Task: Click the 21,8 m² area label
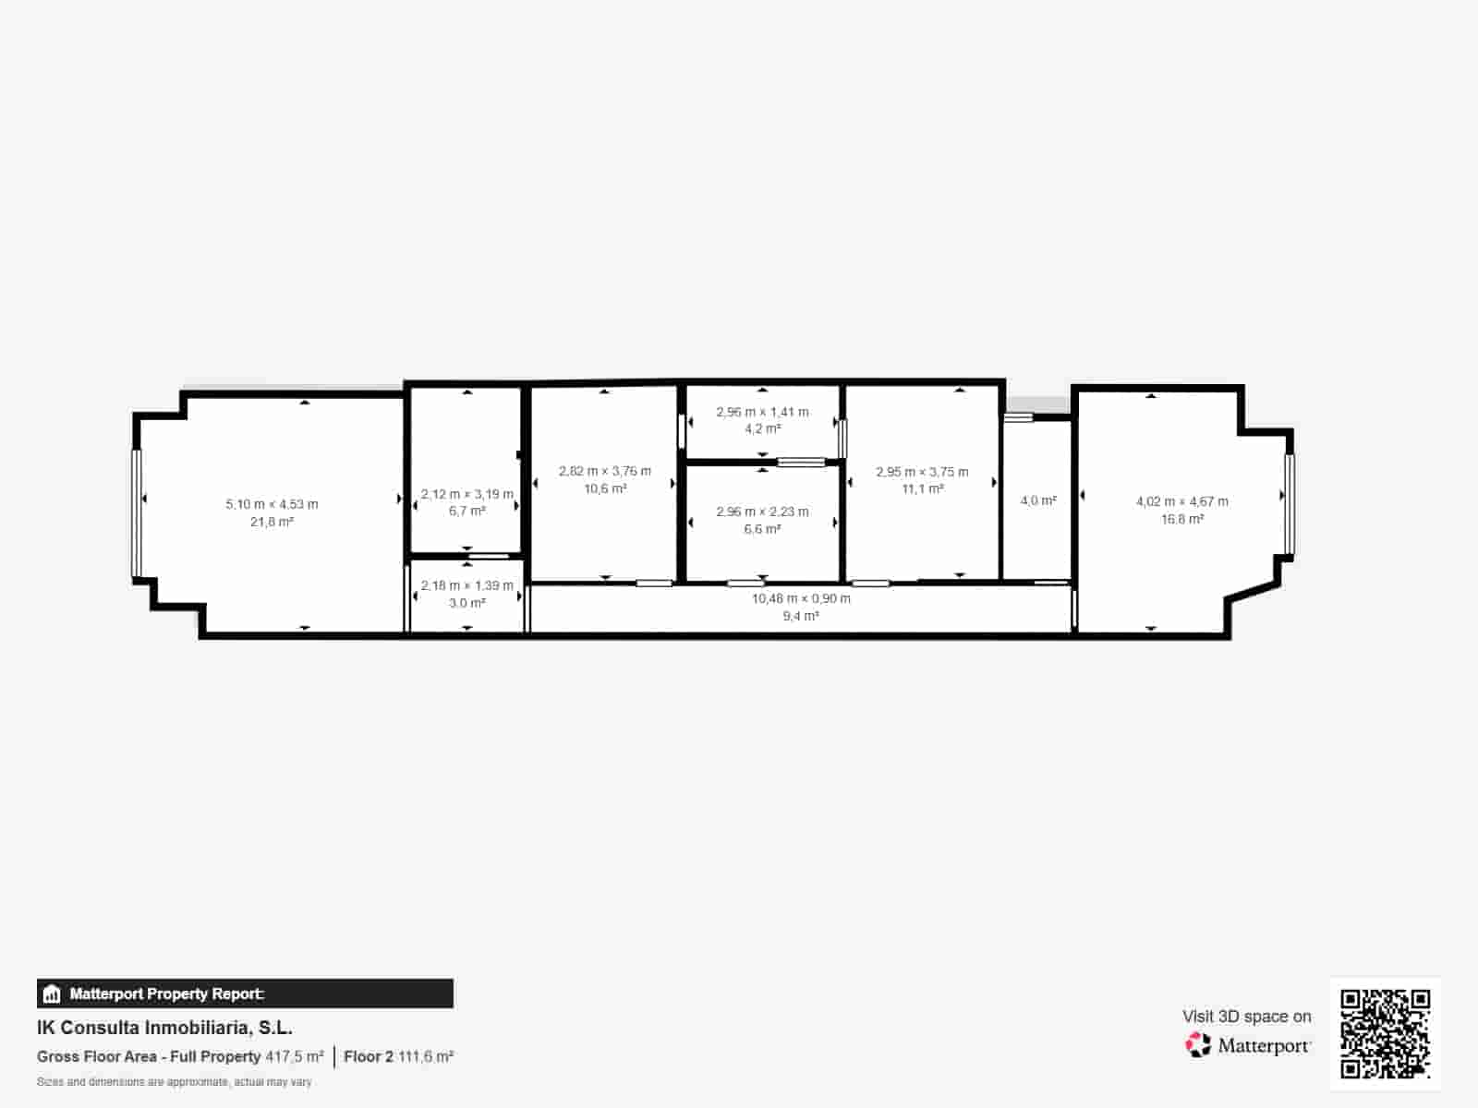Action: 272,523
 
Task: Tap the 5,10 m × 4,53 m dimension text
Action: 272,504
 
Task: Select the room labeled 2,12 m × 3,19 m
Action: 466,494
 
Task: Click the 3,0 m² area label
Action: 466,603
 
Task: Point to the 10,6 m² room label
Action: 605,489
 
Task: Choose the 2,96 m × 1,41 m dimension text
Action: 762,412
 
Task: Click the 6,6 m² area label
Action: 762,529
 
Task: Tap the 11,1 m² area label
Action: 922,489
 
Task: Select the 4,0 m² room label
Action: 1038,500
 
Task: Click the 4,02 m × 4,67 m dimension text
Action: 1181,501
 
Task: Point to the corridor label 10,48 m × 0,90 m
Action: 801,598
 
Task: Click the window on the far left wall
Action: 137,513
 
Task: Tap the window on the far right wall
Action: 1290,504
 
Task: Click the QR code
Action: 1385,1033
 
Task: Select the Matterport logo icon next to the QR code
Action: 1198,1045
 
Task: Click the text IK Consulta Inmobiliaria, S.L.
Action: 164,1028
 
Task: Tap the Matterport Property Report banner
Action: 245,994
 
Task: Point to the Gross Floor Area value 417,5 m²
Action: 295,1056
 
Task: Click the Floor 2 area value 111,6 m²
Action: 426,1056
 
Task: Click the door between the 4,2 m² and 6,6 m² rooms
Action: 800,462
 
